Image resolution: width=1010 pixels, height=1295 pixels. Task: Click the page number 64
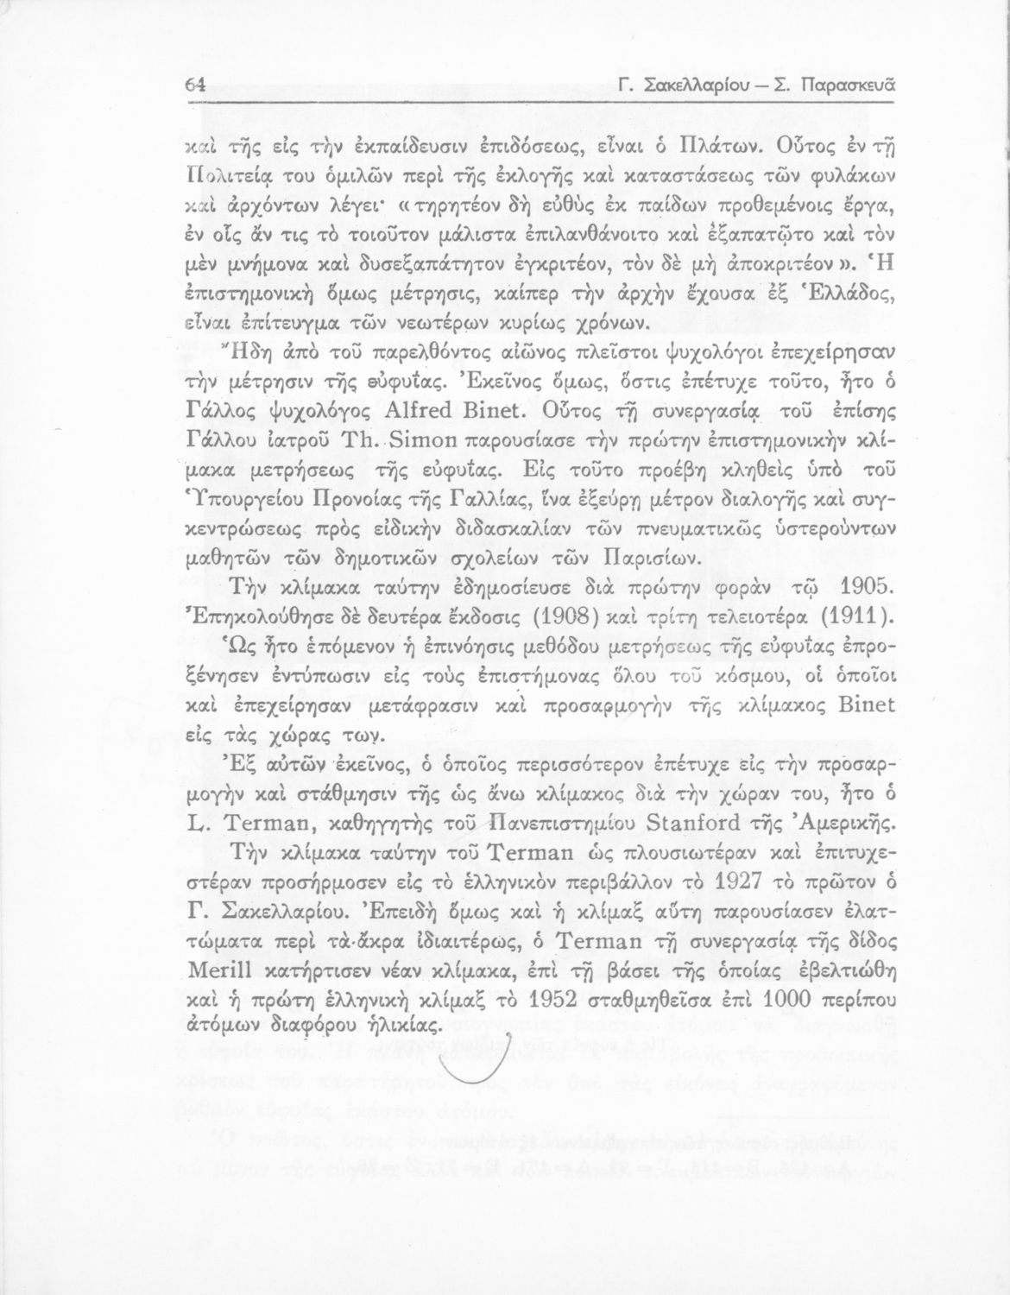194,85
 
